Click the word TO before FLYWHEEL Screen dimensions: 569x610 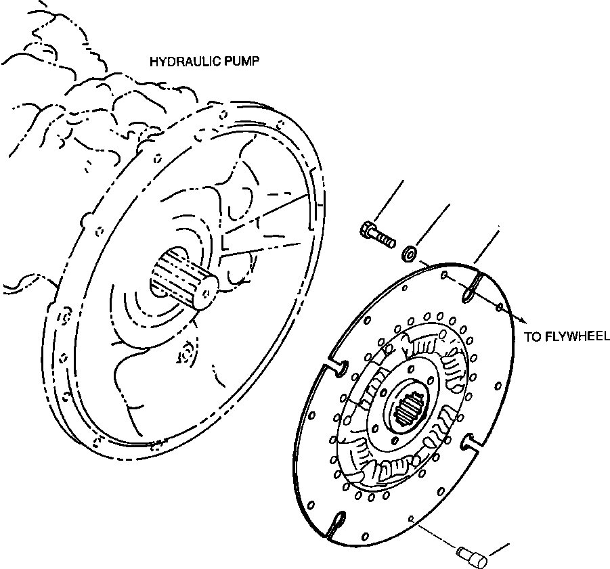tap(533, 336)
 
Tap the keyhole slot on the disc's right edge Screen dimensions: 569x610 tap(470, 444)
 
